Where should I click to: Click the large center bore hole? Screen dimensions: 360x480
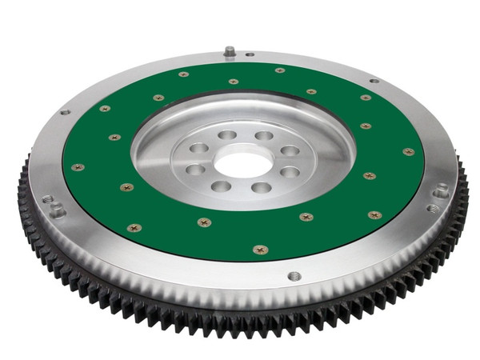click(x=243, y=163)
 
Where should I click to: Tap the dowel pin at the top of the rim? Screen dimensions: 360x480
click(x=230, y=52)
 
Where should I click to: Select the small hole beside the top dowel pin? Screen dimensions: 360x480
click(x=250, y=55)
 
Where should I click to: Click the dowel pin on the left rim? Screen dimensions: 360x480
click(x=57, y=210)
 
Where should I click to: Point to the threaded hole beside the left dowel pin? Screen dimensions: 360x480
click(x=47, y=199)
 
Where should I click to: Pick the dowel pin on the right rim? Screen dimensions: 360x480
click(x=442, y=191)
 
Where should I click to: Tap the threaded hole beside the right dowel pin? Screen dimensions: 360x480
click(x=433, y=208)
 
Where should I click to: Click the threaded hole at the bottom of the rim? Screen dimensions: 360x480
click(x=294, y=276)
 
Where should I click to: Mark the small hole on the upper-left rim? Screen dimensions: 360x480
click(x=64, y=112)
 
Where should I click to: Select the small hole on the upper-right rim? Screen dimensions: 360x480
click(x=374, y=80)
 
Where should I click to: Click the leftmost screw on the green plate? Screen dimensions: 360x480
click(x=77, y=167)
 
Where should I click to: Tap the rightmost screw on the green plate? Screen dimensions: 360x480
click(x=409, y=151)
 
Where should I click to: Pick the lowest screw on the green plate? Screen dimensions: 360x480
click(x=260, y=250)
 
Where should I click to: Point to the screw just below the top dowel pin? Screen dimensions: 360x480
click(x=234, y=81)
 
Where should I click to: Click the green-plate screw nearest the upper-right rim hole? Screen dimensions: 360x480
click(x=366, y=98)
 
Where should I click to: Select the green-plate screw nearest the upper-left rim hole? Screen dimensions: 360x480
click(x=105, y=109)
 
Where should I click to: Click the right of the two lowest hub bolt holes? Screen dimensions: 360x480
click(x=262, y=187)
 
